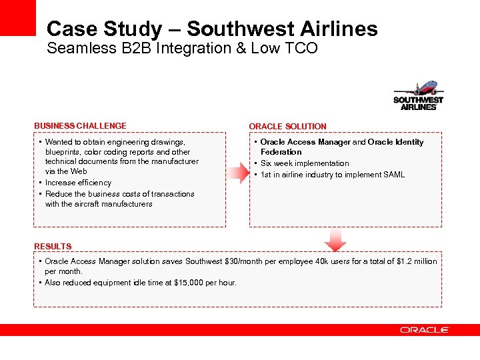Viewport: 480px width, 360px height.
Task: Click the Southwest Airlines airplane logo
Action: coord(418,96)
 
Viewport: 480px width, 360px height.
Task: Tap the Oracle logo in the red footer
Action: coord(425,330)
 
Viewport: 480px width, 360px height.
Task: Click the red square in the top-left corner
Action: coord(17,17)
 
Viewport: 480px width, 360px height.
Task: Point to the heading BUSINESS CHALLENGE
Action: coord(80,126)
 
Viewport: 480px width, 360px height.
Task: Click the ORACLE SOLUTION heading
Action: coord(287,127)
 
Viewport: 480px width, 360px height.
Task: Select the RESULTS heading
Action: coord(53,247)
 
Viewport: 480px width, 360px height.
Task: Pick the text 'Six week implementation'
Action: coord(305,163)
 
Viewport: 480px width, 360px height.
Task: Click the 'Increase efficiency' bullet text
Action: coord(78,183)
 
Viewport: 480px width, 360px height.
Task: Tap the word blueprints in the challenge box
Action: coord(65,152)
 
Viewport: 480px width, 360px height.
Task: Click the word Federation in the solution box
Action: coord(281,152)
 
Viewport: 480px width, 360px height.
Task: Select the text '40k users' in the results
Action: coord(345,261)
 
